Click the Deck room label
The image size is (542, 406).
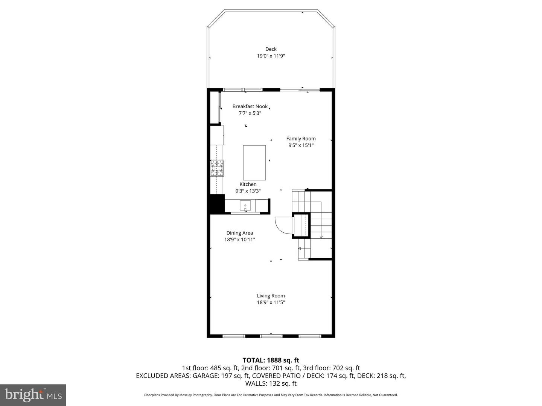coord(271,49)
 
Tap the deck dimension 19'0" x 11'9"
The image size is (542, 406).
coord(271,56)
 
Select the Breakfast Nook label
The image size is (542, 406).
coord(250,106)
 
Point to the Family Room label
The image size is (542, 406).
coord(301,138)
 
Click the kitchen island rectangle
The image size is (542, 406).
coord(254,162)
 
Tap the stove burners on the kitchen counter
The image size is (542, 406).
coord(217,168)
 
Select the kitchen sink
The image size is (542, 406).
coord(245,206)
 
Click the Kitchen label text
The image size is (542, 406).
coord(248,184)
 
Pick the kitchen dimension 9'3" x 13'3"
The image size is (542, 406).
coord(248,191)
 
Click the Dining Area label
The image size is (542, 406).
coord(239,233)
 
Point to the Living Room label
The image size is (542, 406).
coord(271,295)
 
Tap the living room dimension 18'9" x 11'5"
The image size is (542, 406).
coord(271,302)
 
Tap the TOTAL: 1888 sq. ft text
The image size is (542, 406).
coord(271,360)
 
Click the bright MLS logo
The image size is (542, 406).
coord(33,395)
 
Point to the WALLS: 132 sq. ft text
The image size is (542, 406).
coord(271,383)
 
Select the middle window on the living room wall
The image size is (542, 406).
coord(271,336)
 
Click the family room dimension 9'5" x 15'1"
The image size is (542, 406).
coord(301,145)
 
